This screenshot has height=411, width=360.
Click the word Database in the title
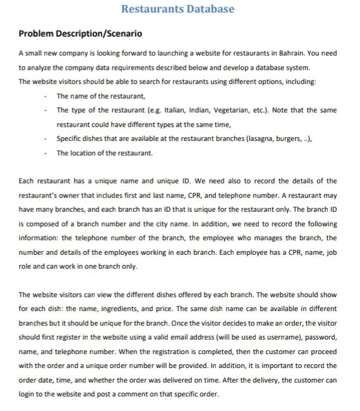pos(205,9)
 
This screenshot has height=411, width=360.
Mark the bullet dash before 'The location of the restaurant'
pos(45,152)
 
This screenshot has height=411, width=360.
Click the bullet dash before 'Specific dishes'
pos(45,138)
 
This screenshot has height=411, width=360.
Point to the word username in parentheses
pos(274,337)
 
